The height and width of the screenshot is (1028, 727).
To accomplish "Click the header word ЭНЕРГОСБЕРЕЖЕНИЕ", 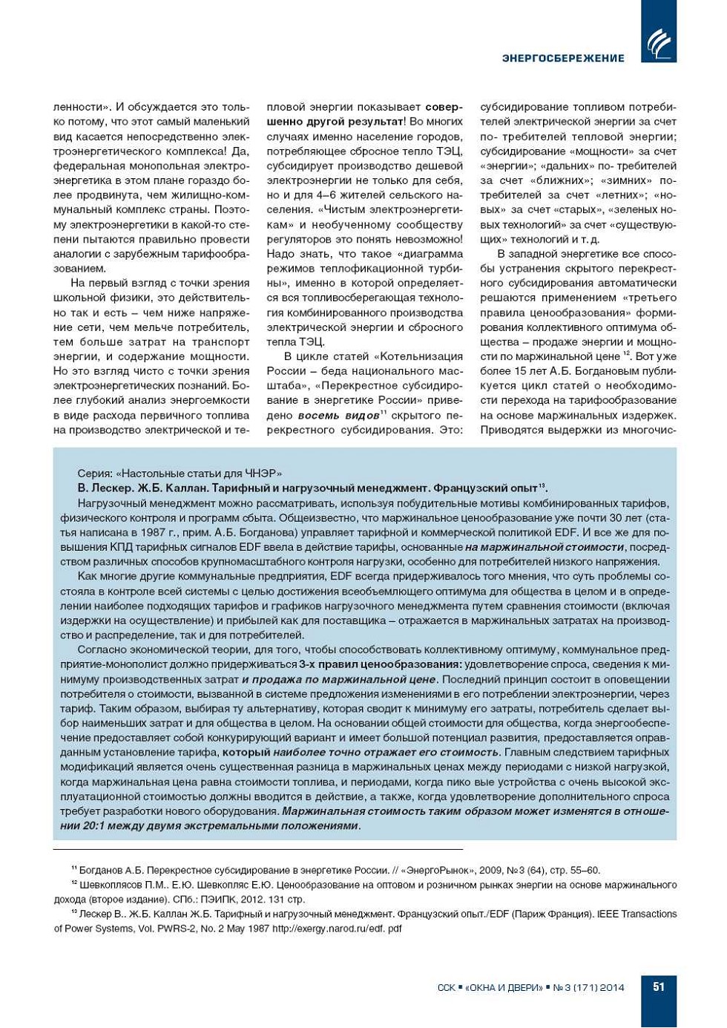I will [563, 58].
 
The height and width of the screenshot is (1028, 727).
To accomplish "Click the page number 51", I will [659, 986].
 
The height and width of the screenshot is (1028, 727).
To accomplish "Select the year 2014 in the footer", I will [612, 987].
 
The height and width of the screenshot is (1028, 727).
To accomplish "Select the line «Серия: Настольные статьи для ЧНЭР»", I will [180, 474].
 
